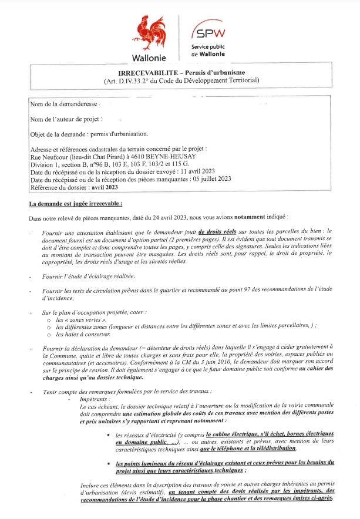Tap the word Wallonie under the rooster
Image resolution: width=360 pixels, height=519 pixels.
[149, 58]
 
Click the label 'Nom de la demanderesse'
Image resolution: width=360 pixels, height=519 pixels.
[64, 103]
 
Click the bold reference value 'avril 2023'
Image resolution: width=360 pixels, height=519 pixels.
[104, 187]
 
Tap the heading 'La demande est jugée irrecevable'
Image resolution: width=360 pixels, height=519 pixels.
[76, 204]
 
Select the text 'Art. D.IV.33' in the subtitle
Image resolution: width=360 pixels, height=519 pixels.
[127, 80]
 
